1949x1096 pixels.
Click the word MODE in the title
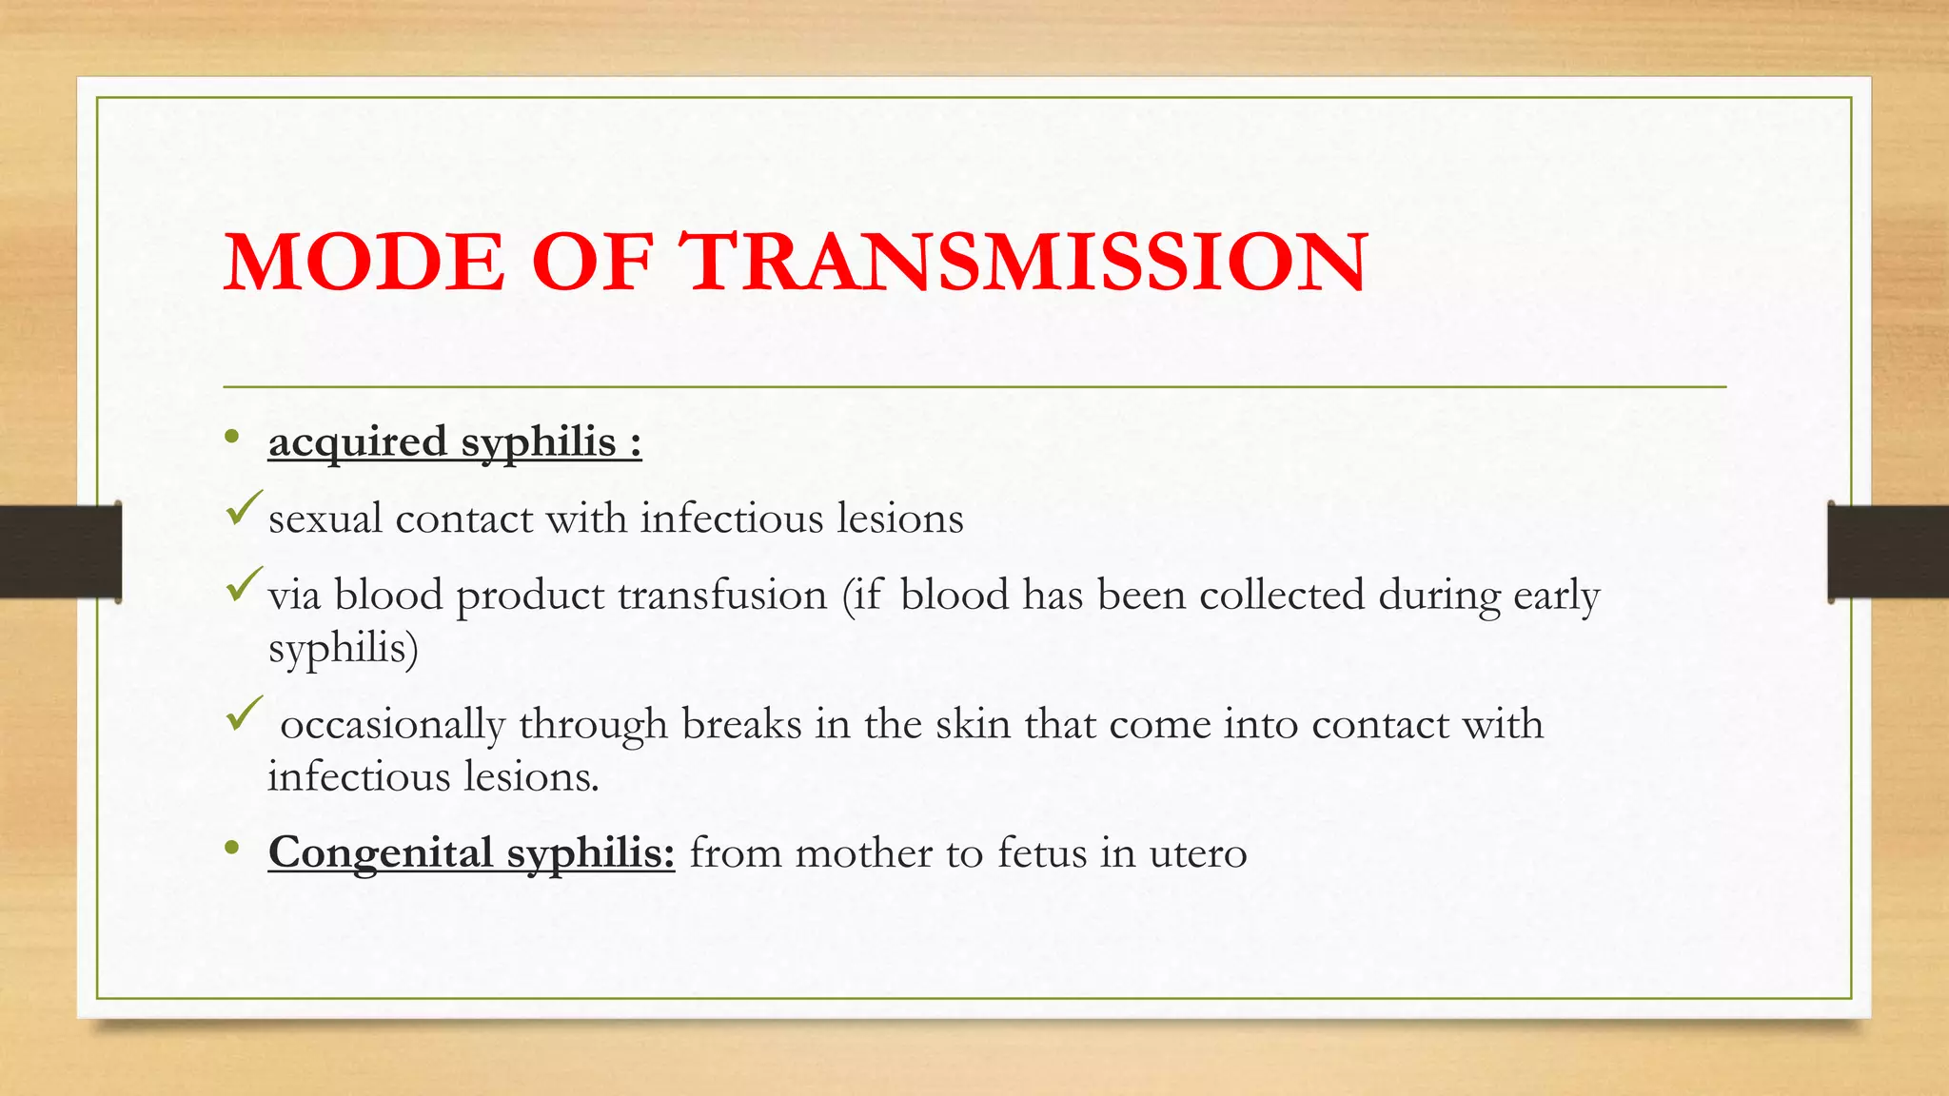[x=364, y=262]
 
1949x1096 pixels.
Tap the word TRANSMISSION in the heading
[x=1026, y=262]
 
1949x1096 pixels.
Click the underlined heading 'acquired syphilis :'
[x=455, y=442]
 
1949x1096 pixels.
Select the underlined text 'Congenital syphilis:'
[x=471, y=852]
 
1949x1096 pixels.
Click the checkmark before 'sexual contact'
[x=244, y=508]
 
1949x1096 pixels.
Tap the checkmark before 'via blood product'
[x=244, y=584]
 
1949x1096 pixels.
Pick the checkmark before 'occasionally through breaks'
[x=244, y=714]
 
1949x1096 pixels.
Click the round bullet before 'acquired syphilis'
[x=232, y=438]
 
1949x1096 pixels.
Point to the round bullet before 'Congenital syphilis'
[x=232, y=848]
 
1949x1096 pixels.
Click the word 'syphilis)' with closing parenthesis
[x=343, y=650]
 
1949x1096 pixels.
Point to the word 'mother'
[x=863, y=853]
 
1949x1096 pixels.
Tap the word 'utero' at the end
[x=1197, y=853]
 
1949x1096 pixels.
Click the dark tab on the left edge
[x=60, y=552]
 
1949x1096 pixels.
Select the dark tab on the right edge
[x=1888, y=552]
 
